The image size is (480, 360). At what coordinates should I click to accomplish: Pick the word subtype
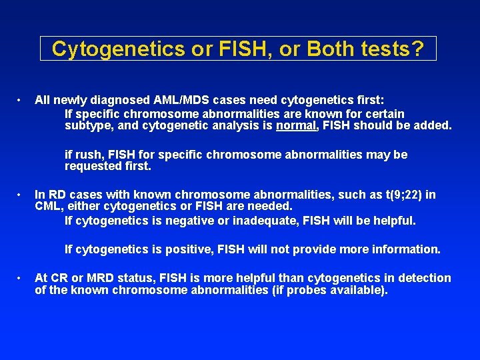(89, 125)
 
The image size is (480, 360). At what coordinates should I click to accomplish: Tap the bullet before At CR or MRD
(22, 278)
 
